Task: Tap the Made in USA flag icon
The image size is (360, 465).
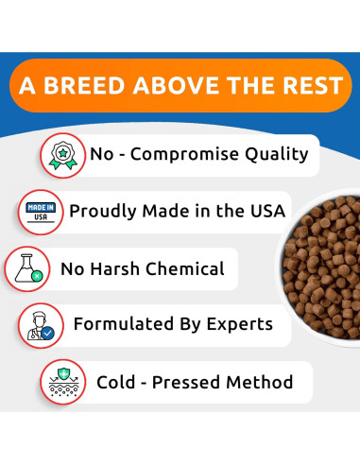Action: tap(40, 211)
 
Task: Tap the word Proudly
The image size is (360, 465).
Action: tap(103, 211)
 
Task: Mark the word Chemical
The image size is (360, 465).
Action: tap(183, 268)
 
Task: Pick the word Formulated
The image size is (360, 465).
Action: tap(122, 325)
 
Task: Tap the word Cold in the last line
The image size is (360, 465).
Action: tap(117, 383)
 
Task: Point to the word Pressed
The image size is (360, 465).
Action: tap(192, 383)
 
